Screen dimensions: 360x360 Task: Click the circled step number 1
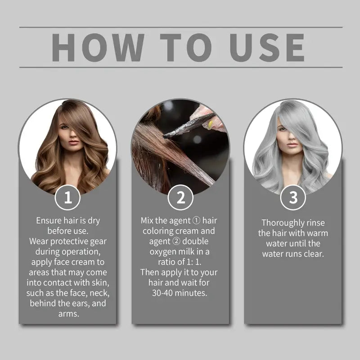pos(67,198)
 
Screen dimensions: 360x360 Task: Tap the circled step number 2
pos(180,198)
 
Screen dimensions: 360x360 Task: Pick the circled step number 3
pos(293,198)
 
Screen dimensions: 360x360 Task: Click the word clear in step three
pos(313,254)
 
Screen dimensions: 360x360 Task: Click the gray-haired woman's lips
pos(293,144)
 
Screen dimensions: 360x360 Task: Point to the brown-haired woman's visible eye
pos(64,127)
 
